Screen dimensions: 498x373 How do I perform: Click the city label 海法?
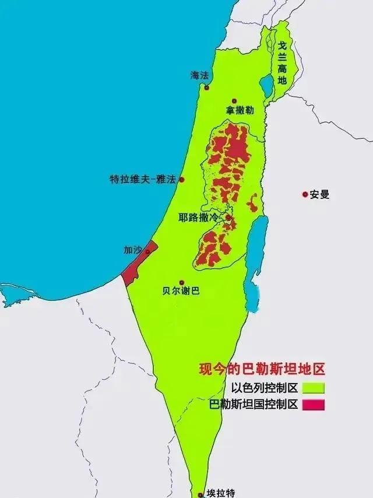[199, 75]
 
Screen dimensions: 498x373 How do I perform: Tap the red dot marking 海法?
[206, 88]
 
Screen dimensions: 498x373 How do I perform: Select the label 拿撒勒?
[240, 110]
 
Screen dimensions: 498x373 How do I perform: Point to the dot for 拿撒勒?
[234, 101]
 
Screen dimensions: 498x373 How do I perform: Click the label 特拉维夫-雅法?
[143, 180]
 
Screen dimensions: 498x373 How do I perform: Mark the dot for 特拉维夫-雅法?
[181, 180]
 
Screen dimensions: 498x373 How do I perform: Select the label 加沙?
[132, 250]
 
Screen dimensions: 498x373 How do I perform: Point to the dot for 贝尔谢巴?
[181, 282]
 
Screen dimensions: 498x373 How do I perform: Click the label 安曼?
[319, 195]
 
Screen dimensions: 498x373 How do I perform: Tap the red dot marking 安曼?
[304, 195]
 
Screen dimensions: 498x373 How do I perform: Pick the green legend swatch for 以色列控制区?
[312, 387]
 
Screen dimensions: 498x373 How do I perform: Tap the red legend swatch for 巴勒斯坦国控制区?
[312, 404]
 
